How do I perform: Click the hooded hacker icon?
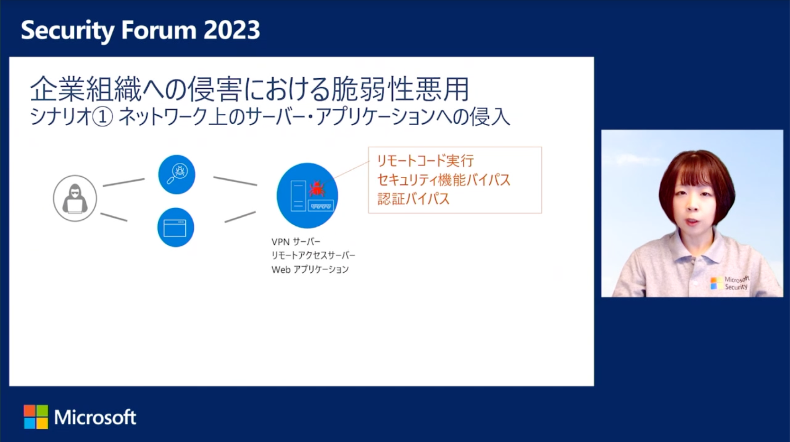(75, 198)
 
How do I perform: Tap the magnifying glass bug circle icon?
(177, 175)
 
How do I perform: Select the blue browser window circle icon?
(176, 227)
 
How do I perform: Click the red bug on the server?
(316, 189)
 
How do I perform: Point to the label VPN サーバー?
(296, 242)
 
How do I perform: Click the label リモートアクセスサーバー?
(313, 255)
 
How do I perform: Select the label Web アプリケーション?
(310, 269)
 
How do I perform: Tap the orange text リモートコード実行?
(426, 161)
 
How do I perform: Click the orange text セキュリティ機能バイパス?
(444, 180)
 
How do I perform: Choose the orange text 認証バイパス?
(413, 199)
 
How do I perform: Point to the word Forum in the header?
(159, 30)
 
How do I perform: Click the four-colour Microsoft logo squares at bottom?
(36, 417)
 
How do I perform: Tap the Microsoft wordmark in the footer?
(95, 417)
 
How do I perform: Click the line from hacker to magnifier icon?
(124, 182)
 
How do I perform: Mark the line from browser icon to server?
(240, 217)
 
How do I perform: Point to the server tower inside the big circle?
(298, 196)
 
